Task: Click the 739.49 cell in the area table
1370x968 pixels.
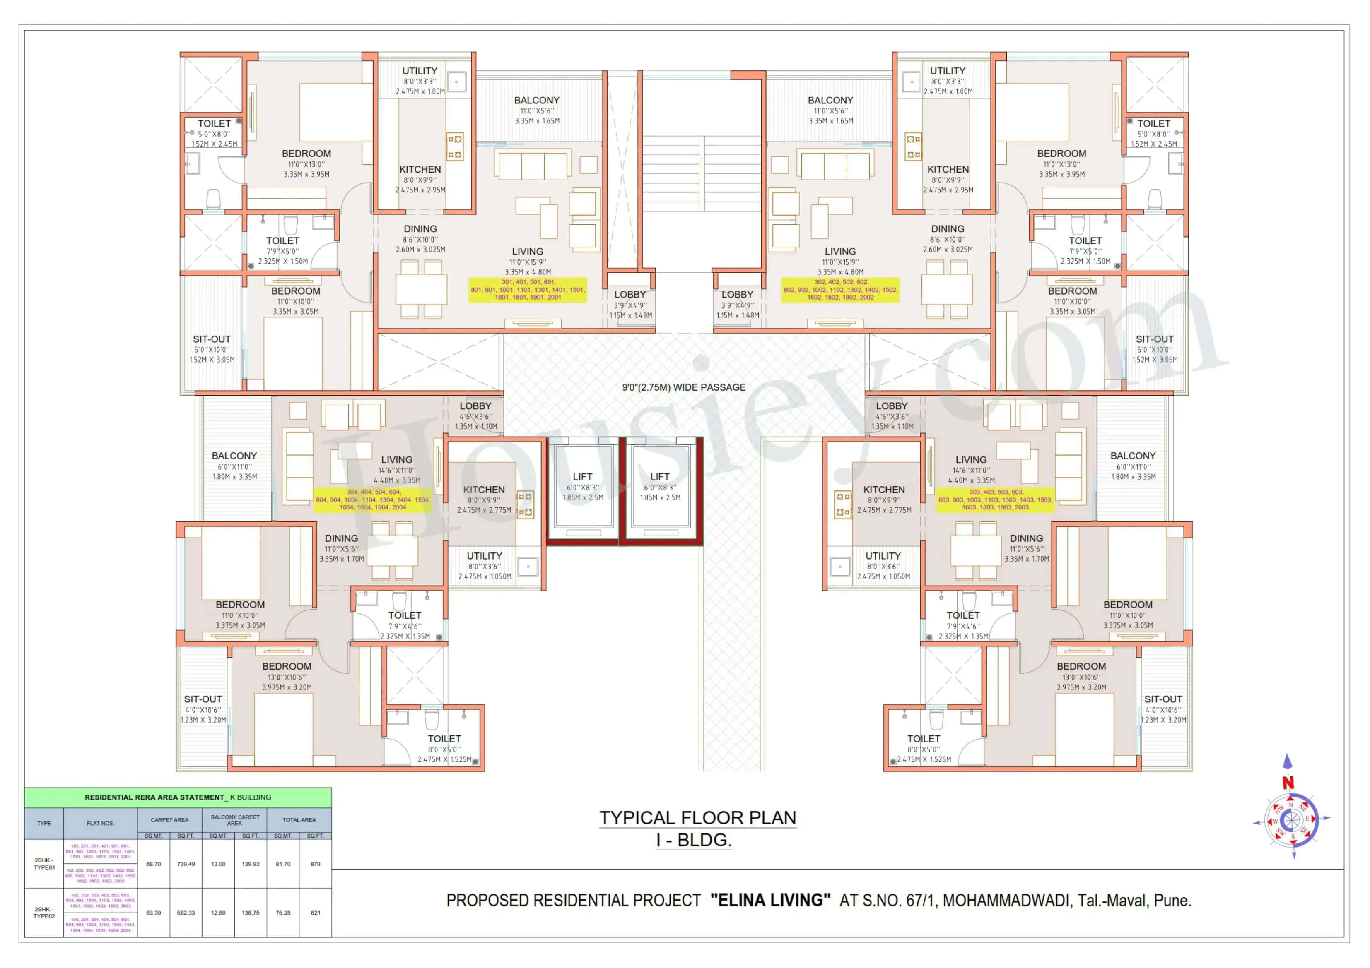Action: click(186, 864)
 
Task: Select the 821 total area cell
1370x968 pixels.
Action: click(315, 913)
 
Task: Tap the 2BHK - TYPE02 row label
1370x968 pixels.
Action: click(44, 913)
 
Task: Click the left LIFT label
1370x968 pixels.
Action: click(582, 476)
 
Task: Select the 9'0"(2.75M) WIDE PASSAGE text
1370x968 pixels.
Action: click(684, 387)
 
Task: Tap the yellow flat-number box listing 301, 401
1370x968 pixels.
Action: click(528, 290)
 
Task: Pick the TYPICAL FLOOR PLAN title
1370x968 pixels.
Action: click(697, 818)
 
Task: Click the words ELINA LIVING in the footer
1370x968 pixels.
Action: click(770, 900)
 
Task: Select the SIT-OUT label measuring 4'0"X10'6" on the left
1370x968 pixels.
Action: click(203, 699)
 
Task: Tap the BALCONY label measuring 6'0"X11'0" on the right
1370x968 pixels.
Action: click(1133, 456)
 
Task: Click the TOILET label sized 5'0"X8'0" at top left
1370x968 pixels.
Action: click(214, 123)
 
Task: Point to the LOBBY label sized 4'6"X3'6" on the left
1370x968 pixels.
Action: click(475, 406)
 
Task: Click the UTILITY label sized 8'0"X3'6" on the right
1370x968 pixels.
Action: click(883, 556)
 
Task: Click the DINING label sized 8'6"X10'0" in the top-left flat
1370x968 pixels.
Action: click(420, 229)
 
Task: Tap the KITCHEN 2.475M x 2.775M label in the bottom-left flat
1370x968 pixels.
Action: click(484, 490)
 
